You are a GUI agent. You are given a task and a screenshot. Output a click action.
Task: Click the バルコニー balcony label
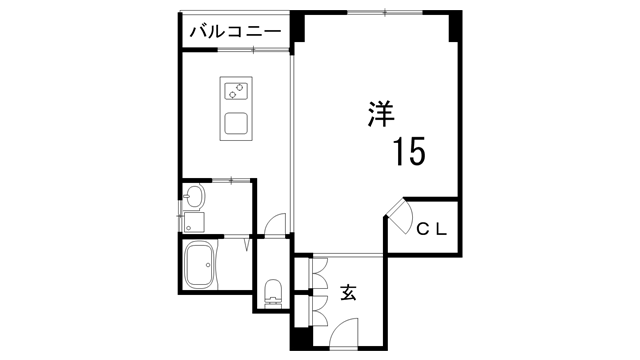pos(236,32)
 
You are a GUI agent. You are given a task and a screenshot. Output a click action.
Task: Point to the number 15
pos(409,151)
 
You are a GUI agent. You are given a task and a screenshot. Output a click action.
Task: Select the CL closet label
pos(432,228)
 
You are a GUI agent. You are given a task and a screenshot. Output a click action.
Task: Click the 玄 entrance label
pos(349,293)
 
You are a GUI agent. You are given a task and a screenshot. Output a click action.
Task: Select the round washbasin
pos(192,196)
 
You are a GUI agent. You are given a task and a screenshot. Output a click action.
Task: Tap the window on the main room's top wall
pos(381,12)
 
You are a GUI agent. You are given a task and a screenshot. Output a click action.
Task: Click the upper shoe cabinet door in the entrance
pos(320,274)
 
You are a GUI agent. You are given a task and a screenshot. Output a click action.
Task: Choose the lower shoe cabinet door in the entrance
pos(320,309)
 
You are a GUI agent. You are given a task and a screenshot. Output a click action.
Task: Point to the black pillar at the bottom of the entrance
pos(297,340)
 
